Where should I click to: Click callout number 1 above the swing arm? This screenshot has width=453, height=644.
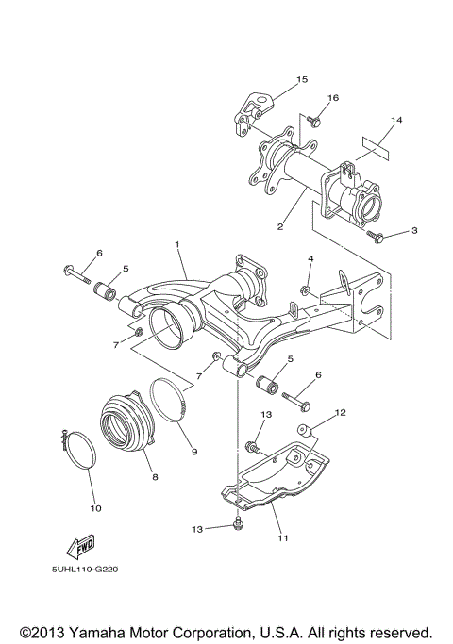(176, 243)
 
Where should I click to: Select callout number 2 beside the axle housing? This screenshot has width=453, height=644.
(280, 226)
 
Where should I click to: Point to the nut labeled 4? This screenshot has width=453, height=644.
(307, 287)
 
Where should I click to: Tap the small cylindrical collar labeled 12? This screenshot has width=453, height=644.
(306, 433)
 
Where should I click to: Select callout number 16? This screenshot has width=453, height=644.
(332, 98)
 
